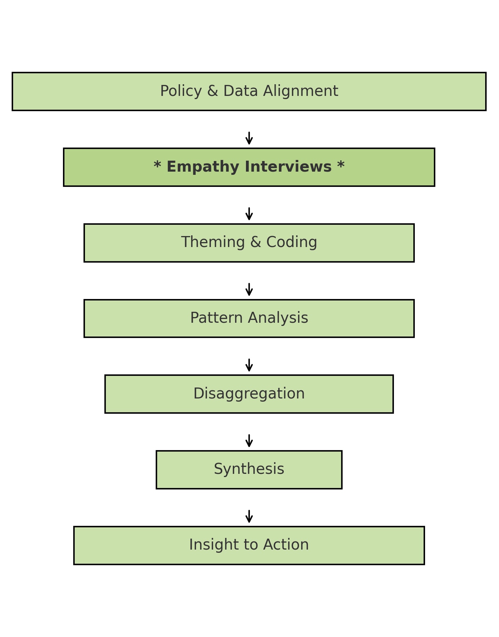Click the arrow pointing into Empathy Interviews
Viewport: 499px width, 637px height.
pyautogui.click(x=249, y=138)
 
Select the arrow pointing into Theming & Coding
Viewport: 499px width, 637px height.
pyautogui.click(x=249, y=214)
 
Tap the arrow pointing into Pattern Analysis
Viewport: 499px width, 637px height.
pyautogui.click(x=249, y=289)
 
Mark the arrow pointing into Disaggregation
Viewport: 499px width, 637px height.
pyautogui.click(x=249, y=365)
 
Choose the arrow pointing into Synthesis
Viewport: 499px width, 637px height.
pyautogui.click(x=249, y=441)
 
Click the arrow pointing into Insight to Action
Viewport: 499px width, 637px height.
pyautogui.click(x=249, y=516)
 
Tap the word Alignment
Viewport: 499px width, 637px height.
pyautogui.click(x=300, y=91)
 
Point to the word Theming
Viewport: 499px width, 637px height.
pyautogui.click(x=213, y=243)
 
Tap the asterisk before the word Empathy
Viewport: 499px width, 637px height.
pyautogui.click(x=157, y=166)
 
